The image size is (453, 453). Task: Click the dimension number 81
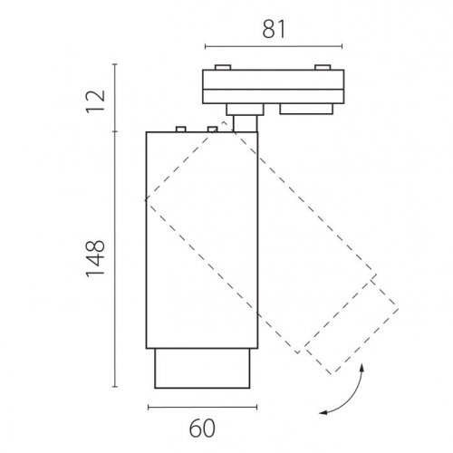(x=274, y=29)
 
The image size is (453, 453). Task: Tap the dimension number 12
(x=96, y=101)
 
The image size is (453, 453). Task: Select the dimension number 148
(x=96, y=258)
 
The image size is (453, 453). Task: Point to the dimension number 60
(x=202, y=429)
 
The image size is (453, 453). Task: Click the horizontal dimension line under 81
(x=274, y=46)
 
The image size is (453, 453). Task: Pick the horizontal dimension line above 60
(x=203, y=407)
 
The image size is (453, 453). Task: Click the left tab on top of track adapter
(x=223, y=67)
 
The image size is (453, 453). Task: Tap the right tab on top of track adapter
(x=323, y=67)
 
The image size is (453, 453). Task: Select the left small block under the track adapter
(x=245, y=110)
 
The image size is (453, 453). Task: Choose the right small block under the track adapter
(x=306, y=109)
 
